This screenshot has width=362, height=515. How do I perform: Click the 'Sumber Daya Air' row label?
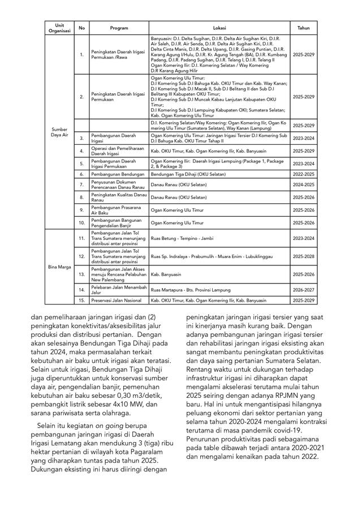pos(59,132)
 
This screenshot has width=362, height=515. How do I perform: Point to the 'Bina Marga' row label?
pos(59,266)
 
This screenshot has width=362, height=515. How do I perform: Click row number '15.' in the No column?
pos(82,301)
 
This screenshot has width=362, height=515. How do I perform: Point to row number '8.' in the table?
pos(82,197)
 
